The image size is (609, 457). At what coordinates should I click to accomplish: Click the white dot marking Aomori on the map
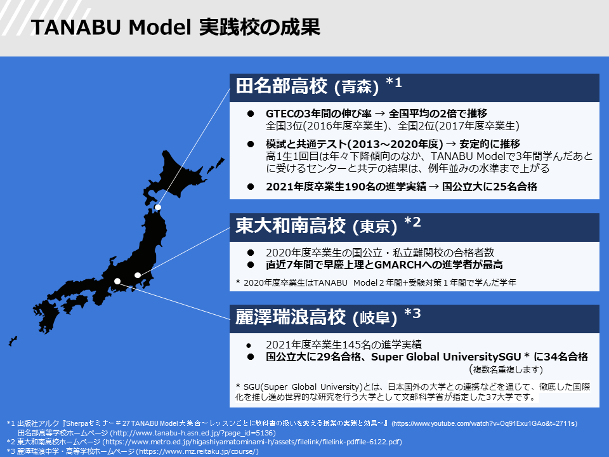pyautogui.click(x=158, y=207)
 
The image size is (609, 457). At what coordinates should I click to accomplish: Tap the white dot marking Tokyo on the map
pyautogui.click(x=138, y=275)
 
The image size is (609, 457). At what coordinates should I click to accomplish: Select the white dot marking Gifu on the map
pyautogui.click(x=117, y=281)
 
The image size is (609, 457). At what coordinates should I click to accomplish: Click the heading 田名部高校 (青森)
pyautogui.click(x=307, y=86)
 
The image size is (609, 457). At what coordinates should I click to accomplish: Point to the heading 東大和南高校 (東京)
pyautogui.click(x=316, y=226)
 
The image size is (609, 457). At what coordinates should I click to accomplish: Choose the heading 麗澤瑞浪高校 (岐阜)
pyautogui.click(x=316, y=317)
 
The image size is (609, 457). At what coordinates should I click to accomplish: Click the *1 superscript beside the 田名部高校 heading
pyautogui.click(x=394, y=82)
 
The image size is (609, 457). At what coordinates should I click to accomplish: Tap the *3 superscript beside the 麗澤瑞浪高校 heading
pyautogui.click(x=412, y=313)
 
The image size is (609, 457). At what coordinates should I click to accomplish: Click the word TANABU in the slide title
pyautogui.click(x=75, y=27)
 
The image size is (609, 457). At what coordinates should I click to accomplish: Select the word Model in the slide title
pyautogui.click(x=160, y=27)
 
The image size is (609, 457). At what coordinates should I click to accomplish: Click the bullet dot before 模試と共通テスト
pyautogui.click(x=251, y=144)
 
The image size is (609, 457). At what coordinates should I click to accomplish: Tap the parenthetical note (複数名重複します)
pyautogui.click(x=506, y=369)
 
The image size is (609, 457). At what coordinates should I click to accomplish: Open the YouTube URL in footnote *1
pyautogui.click(x=484, y=423)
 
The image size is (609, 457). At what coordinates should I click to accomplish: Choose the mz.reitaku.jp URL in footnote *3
pyautogui.click(x=197, y=451)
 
